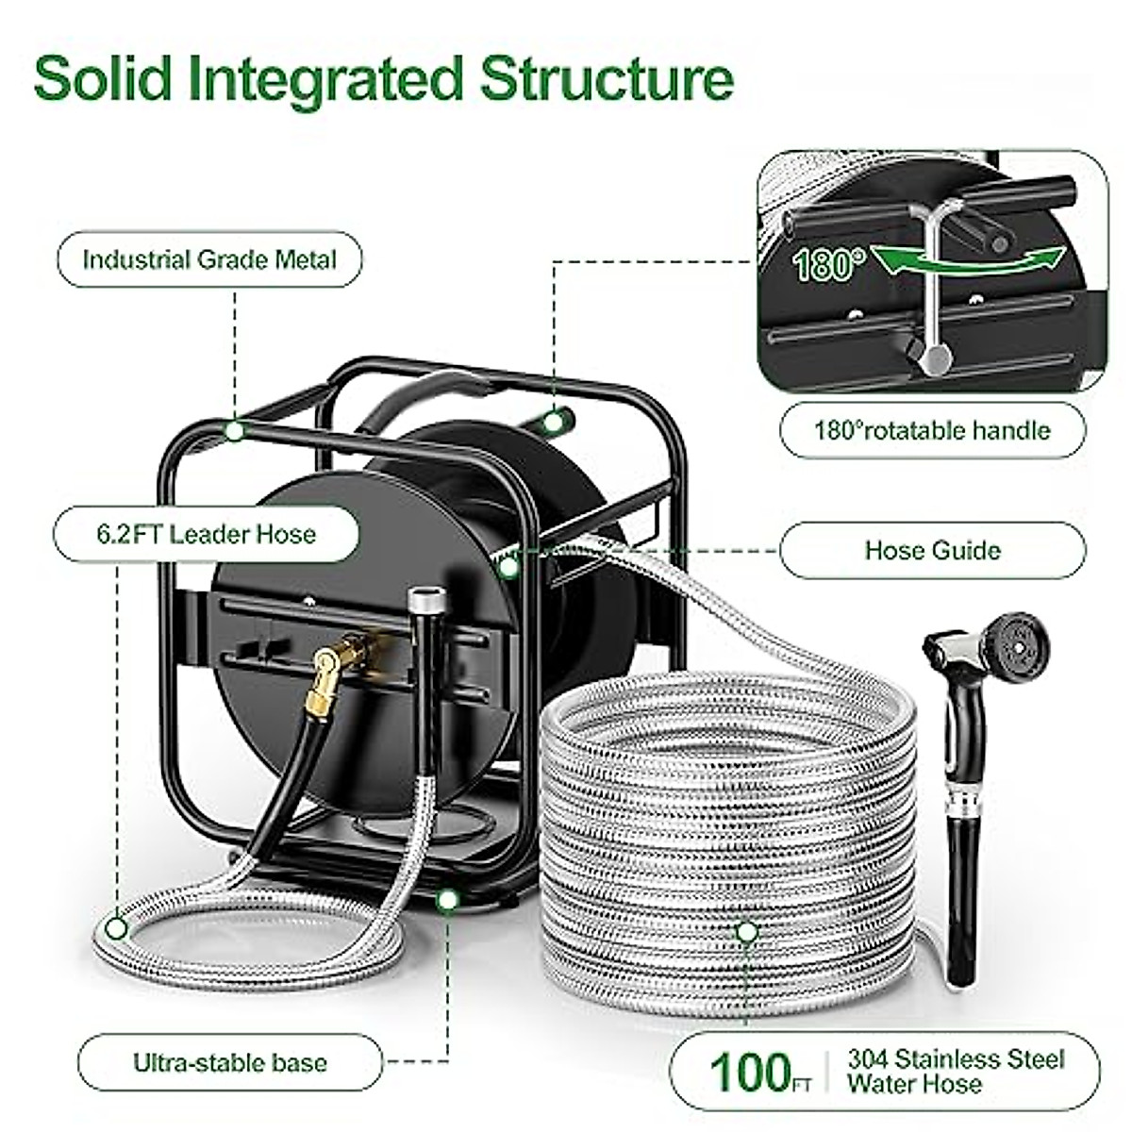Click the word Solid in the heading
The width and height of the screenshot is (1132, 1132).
click(104, 79)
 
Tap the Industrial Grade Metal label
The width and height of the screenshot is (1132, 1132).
click(209, 259)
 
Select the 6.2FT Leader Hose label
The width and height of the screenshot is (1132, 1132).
click(206, 534)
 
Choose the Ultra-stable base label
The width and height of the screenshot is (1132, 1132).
click(229, 1063)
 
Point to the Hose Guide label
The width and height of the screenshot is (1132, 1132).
click(932, 550)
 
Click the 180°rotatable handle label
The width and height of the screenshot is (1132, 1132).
click(931, 430)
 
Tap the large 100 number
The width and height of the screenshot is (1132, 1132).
click(751, 1073)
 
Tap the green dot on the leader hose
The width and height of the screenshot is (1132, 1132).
click(116, 928)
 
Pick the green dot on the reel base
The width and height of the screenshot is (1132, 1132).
click(448, 900)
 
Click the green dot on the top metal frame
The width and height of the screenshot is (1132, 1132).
click(234, 431)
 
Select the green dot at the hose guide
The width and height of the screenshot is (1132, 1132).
click(509, 567)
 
